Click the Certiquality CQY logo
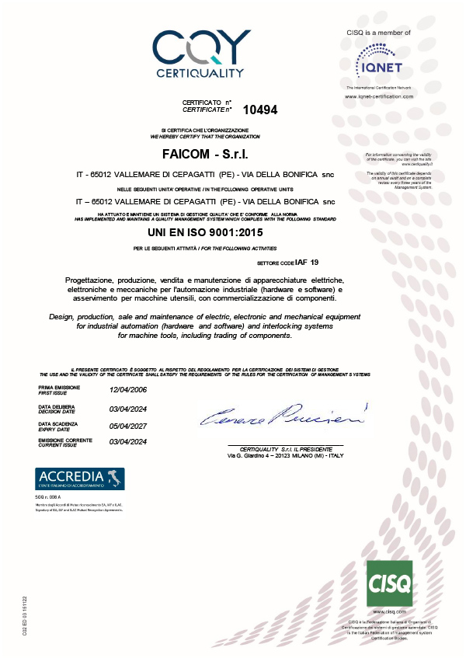(x=200, y=54)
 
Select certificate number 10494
(x=260, y=110)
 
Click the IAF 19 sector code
(x=308, y=263)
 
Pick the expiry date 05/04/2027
(x=130, y=425)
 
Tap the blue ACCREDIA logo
(x=81, y=479)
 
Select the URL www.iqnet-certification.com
(x=379, y=96)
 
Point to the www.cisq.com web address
(x=391, y=612)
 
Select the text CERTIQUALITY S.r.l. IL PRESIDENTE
(x=285, y=449)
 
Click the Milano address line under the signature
(x=285, y=455)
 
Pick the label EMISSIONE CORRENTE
(x=65, y=440)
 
